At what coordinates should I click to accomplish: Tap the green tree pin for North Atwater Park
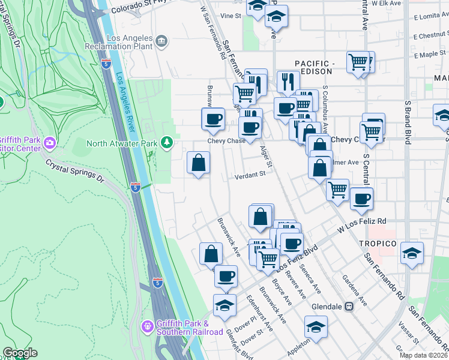tap(167, 143)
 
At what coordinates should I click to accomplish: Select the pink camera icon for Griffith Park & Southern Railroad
tap(148, 327)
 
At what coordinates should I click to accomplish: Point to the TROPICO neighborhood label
tap(378, 244)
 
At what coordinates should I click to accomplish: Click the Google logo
tap(20, 353)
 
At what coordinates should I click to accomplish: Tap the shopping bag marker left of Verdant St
tap(199, 163)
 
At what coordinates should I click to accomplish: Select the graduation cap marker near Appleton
tap(316, 327)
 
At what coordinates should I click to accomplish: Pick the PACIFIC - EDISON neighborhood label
tap(313, 67)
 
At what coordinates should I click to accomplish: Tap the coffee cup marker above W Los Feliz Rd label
tap(361, 199)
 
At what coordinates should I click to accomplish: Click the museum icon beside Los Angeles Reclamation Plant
tap(160, 41)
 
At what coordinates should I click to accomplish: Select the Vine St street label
tap(230, 16)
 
